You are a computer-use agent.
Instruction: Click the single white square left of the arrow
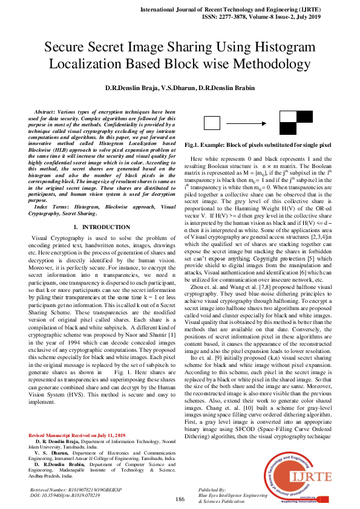tap(212, 123)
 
